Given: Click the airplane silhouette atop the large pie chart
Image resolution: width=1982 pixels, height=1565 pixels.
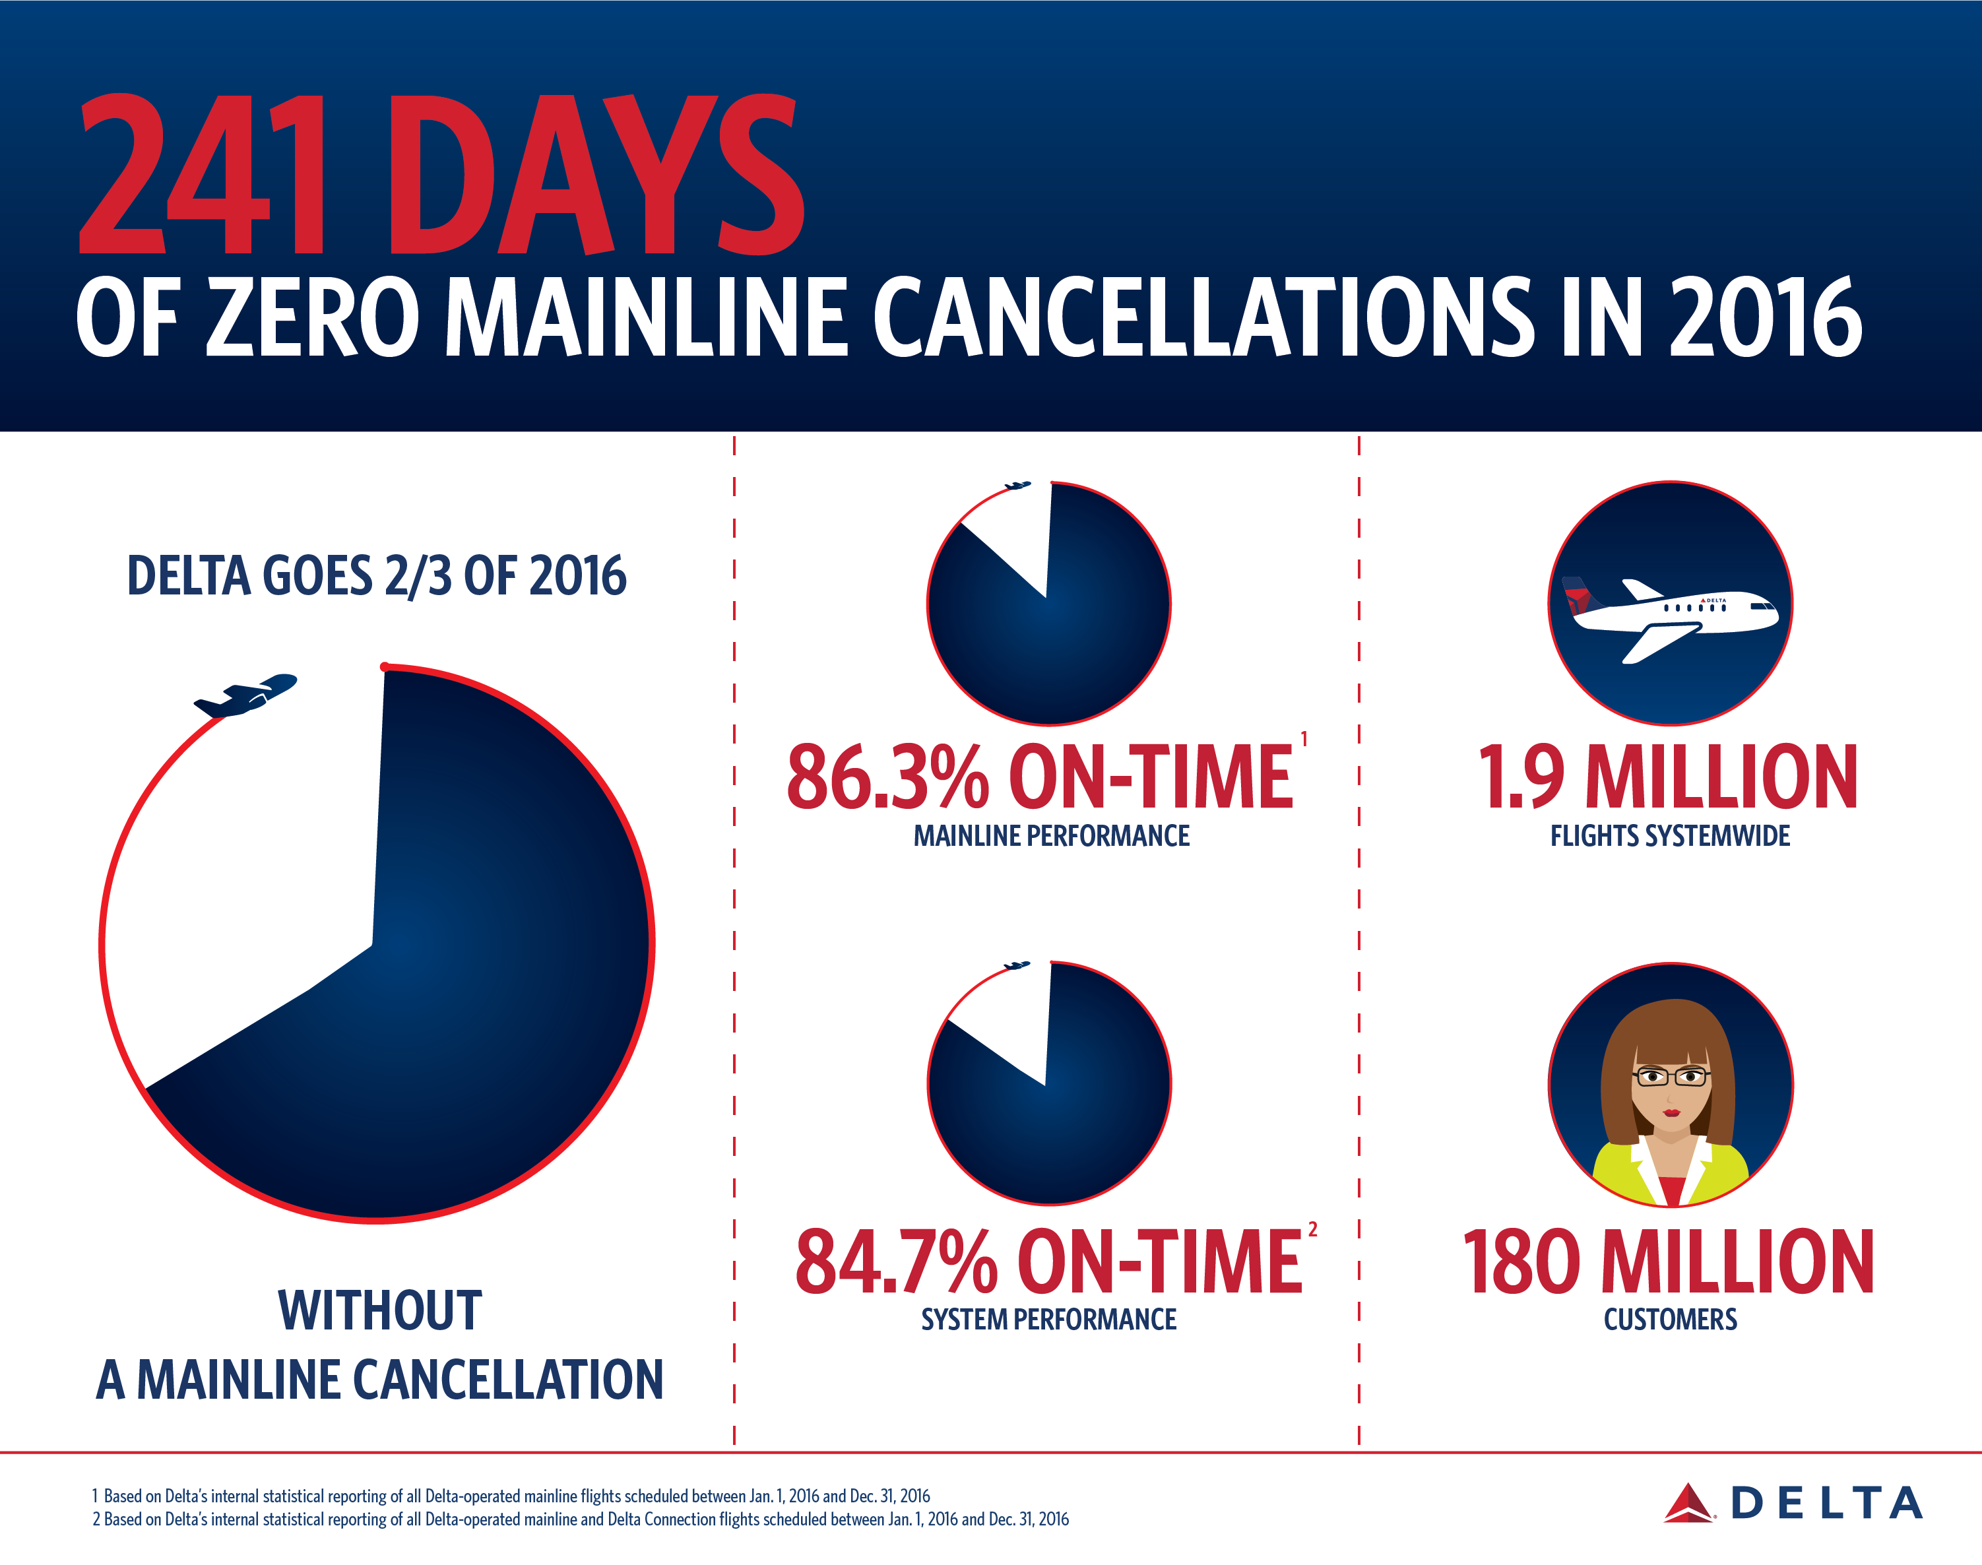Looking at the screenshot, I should point(245,695).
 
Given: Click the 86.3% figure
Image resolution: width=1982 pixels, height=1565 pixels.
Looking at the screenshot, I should point(887,778).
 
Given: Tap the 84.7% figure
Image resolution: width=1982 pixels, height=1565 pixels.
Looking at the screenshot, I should point(895,1263).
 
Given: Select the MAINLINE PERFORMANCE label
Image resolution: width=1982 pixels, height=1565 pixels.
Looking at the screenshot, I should point(1051,836).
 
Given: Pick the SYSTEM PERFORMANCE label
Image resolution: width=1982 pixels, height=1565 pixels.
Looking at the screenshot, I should point(1048,1320).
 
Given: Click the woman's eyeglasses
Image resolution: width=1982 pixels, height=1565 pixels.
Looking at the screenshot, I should point(1671,1077).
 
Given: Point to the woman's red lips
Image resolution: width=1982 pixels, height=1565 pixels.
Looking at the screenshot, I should point(1671,1113).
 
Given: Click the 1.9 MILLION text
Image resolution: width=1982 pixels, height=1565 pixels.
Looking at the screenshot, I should point(1668,778).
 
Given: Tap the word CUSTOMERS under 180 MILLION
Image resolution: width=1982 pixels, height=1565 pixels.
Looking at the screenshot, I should point(1669,1320).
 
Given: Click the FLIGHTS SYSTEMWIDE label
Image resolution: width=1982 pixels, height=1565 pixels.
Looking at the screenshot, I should point(1669,836).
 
